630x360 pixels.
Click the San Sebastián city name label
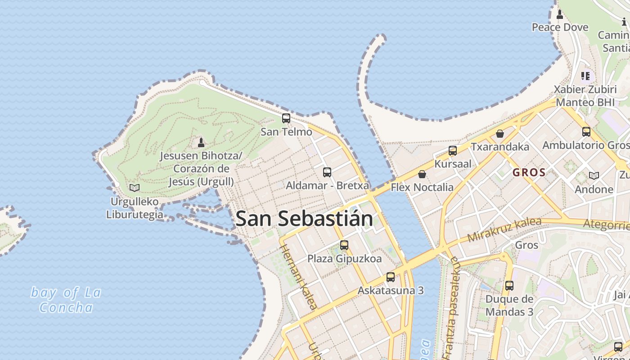pos(304,219)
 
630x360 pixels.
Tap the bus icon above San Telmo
pos(286,118)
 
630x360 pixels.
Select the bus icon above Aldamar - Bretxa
pos(327,172)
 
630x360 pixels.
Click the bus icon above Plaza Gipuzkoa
pos(344,245)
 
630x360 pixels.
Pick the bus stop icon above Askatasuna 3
pos(391,277)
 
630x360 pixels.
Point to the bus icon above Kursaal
pos(453,150)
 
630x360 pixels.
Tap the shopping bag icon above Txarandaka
pos(499,134)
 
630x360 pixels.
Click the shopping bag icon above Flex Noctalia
pos(422,174)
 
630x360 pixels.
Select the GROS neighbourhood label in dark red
pos(529,172)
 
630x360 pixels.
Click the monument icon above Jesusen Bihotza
pos(201,143)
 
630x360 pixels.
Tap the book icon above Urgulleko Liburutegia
pos(135,188)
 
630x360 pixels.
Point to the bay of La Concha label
pos(66,300)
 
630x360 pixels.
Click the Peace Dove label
pos(560,27)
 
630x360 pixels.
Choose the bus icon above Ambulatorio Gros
pos(586,132)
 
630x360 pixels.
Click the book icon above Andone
pos(594,175)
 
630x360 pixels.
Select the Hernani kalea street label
pos(298,277)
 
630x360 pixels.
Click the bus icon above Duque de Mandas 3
pos(509,286)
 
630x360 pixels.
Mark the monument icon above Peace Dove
pos(560,14)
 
